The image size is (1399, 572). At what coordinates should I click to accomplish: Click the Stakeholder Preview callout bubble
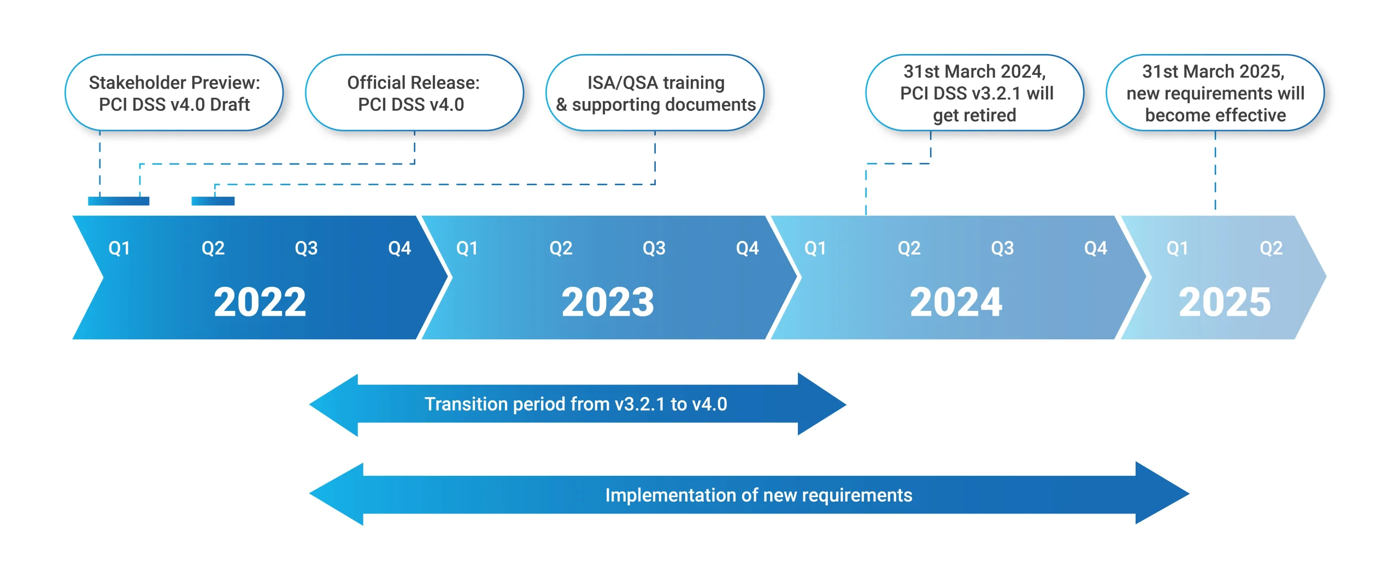[174, 93]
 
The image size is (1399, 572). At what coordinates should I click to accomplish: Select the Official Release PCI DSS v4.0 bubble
[414, 93]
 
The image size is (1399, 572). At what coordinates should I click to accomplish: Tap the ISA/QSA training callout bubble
[655, 93]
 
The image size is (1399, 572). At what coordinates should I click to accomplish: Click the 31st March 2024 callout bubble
[975, 93]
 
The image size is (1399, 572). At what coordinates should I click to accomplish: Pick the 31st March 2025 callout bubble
[1215, 93]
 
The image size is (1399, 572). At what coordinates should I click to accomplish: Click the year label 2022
[260, 302]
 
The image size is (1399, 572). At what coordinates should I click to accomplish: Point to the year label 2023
[608, 302]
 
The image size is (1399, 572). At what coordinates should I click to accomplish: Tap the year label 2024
[956, 302]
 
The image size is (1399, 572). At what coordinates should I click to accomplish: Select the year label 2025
[1225, 302]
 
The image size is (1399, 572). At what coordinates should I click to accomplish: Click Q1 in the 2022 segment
[119, 249]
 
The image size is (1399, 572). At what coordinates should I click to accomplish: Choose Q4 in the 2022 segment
[399, 249]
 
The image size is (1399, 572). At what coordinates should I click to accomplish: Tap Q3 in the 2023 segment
[654, 249]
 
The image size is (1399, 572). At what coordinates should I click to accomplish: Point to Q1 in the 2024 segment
[815, 249]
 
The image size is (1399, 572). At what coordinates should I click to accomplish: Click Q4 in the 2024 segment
[1096, 249]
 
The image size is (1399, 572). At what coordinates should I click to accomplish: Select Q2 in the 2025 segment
[1271, 249]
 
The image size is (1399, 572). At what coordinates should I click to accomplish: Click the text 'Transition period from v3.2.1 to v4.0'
[576, 404]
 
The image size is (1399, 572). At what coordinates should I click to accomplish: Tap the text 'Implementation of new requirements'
[759, 495]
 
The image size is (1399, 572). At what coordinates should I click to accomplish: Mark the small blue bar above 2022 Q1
[119, 201]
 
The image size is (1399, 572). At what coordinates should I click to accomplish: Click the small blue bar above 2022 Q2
[213, 201]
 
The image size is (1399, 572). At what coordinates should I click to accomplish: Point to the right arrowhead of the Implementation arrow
[1161, 494]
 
